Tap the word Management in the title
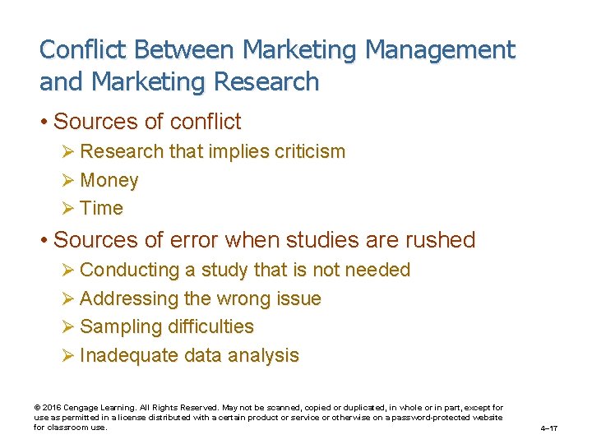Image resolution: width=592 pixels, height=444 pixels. (x=440, y=50)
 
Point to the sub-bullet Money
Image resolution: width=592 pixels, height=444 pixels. (x=109, y=180)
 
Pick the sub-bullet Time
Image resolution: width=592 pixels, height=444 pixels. (x=101, y=208)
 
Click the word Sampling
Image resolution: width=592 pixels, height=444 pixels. (x=119, y=326)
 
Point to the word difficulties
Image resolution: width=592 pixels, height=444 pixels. (x=210, y=326)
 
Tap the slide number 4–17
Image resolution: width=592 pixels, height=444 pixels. (x=549, y=428)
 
